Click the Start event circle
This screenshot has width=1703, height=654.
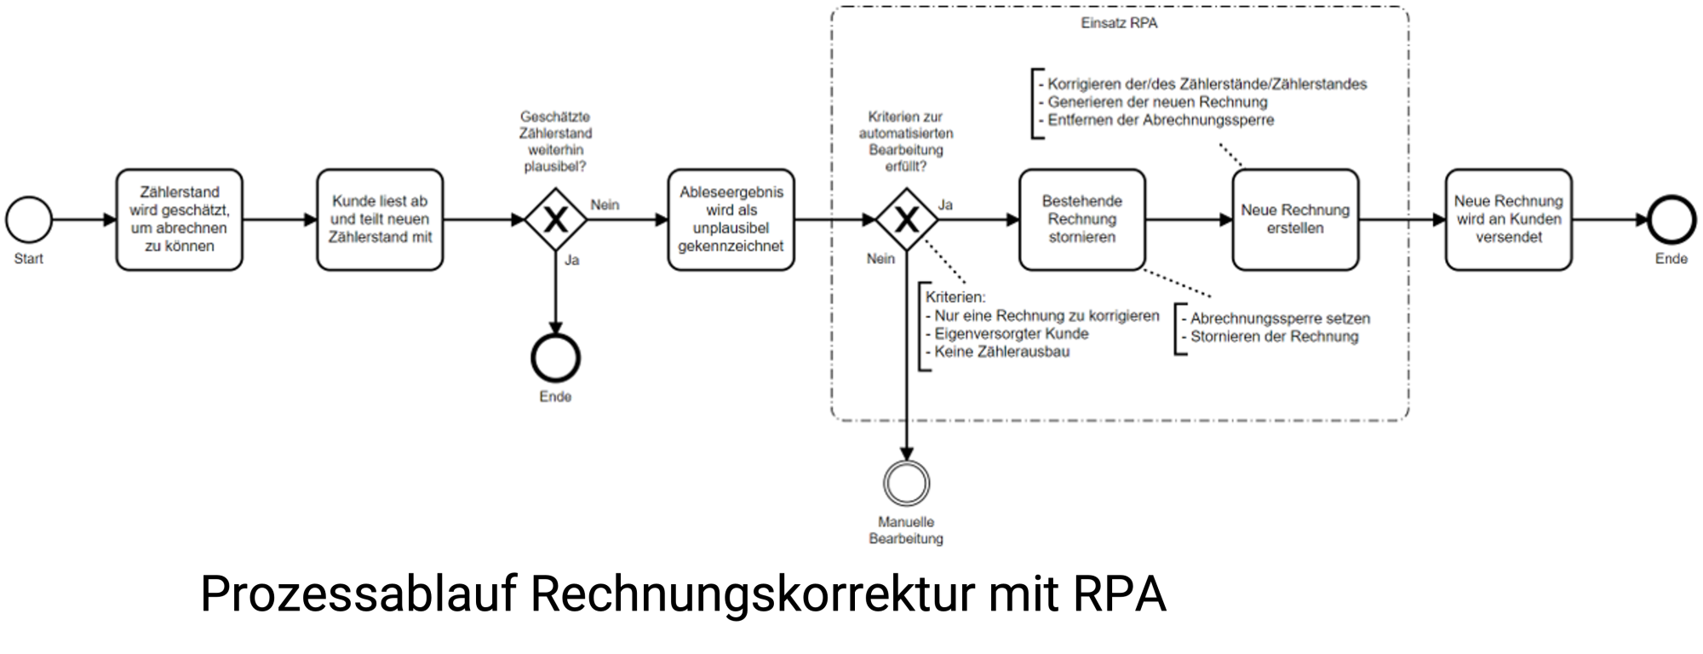coord(29,220)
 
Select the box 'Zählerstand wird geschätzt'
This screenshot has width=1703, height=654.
coord(179,220)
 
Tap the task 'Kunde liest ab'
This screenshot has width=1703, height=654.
coord(380,220)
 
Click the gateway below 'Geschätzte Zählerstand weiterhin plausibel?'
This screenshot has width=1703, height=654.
coord(555,220)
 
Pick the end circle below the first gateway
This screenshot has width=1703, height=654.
coord(555,358)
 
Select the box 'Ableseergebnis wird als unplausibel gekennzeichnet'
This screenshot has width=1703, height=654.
coord(731,220)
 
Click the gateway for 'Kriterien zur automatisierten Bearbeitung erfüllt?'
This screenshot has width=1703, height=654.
coord(906,220)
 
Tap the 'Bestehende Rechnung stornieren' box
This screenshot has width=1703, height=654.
coord(1081,220)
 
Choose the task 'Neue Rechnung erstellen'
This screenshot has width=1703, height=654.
coord(1294,220)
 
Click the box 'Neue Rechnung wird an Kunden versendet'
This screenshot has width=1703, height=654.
coord(1508,220)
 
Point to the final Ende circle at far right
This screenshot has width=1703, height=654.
coord(1671,220)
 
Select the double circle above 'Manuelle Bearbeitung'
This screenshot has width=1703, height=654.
coord(906,484)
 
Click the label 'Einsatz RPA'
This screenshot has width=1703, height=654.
coord(1119,24)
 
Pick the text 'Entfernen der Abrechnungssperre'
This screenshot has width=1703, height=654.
coord(1161,120)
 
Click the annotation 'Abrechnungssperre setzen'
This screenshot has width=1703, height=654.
coord(1280,318)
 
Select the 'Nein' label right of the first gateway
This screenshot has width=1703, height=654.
coord(605,205)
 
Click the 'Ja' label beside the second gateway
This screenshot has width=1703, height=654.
coord(945,205)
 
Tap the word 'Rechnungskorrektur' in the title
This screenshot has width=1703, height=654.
coord(752,594)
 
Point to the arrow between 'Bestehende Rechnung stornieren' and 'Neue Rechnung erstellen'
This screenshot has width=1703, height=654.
coord(1189,220)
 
